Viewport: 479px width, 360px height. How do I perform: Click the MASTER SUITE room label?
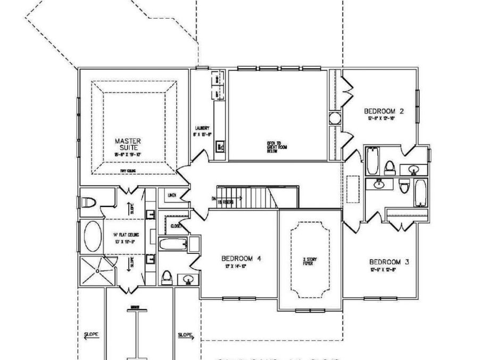coord(128,145)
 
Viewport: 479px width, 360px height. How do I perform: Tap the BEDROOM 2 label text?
coord(384,111)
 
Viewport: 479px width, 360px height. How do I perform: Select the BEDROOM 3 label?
coord(389,262)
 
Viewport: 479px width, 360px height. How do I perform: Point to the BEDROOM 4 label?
coord(241,259)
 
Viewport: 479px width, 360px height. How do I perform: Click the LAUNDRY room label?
coord(201,129)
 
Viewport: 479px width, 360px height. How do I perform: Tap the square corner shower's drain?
coord(97,271)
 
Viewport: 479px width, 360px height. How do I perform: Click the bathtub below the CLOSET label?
coord(173,244)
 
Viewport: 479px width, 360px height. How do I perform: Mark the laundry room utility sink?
coord(219,146)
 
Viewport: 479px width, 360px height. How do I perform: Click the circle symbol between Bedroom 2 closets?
coord(335,118)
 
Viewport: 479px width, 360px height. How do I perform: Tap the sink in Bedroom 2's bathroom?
coord(414,170)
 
